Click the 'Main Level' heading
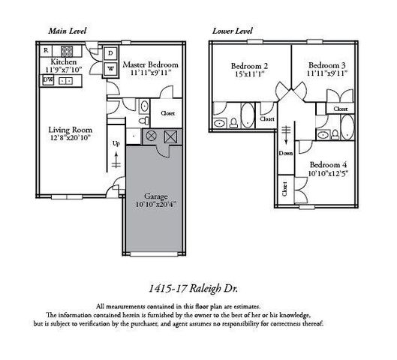tap(67, 31)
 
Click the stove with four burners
tap(68, 52)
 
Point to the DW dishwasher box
tap(47, 79)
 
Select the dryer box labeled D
tap(110, 53)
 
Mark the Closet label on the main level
tap(167, 113)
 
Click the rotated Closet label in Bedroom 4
tap(285, 189)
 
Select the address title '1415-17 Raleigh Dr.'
tap(197, 286)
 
